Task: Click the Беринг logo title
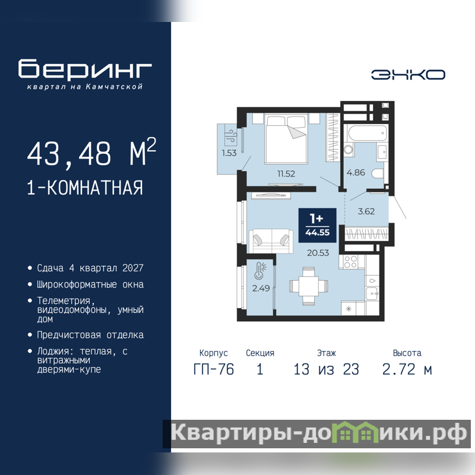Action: [85, 69]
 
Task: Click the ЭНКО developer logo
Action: [408, 75]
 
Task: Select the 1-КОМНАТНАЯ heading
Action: [85, 188]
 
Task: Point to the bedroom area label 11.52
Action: [286, 173]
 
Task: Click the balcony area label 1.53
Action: [229, 153]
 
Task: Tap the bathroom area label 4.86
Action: [356, 172]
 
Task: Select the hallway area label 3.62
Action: [366, 211]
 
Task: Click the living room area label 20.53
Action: [318, 253]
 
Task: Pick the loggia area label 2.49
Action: [261, 288]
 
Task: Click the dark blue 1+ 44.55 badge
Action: [318, 226]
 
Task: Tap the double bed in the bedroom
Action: [286, 139]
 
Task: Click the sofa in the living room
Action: [271, 241]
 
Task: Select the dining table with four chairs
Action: [309, 286]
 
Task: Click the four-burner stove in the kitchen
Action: [350, 262]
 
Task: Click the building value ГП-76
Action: [214, 369]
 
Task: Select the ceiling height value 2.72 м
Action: [407, 369]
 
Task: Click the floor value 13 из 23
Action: [326, 369]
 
